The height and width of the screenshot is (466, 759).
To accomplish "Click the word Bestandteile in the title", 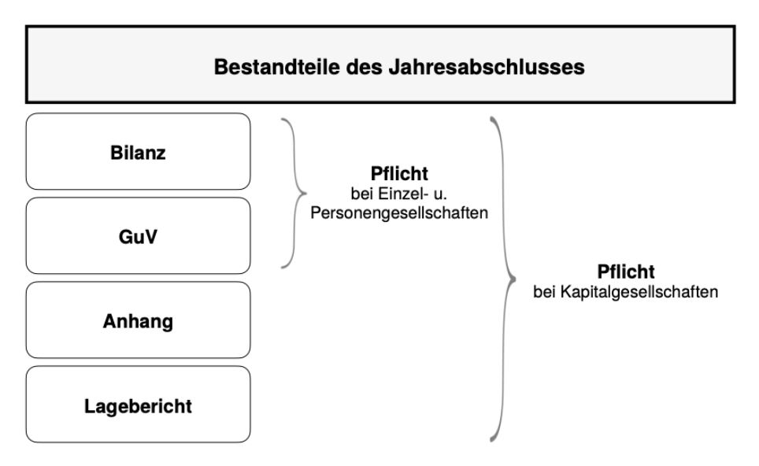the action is tap(277, 67).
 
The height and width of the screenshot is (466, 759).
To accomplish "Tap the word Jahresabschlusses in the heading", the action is tap(487, 67).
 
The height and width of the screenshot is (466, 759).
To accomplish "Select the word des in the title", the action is tap(364, 67).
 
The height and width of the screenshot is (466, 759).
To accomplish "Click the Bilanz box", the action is tap(138, 151).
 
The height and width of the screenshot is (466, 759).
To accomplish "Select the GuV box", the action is tap(138, 235).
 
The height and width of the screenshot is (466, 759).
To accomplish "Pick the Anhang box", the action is tap(138, 320).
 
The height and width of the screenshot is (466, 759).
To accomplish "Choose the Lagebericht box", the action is tap(138, 404).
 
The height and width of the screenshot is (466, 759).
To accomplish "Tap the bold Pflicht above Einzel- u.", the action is tap(399, 173).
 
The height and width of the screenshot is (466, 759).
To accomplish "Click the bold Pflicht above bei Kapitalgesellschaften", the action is tap(626, 272).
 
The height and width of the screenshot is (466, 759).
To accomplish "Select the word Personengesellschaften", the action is tap(399, 213).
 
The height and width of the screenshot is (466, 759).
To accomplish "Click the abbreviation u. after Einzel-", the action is tap(440, 194).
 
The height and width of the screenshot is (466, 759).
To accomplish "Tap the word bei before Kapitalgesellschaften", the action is tap(544, 292).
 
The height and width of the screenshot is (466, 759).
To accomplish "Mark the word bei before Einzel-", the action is tap(362, 194).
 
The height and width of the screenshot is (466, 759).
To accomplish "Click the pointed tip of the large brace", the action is tap(516, 279).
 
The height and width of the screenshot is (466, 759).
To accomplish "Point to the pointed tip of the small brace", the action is tap(306, 193).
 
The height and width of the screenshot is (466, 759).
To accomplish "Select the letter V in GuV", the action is tap(150, 237).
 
